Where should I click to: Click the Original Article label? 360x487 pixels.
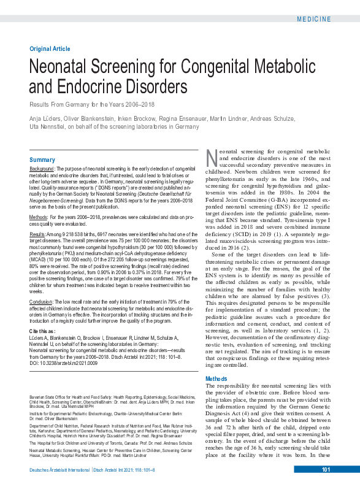[50, 48]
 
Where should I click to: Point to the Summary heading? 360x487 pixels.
[42, 160]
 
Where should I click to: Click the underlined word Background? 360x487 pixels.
[42, 168]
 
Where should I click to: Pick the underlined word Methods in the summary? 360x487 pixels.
[39, 217]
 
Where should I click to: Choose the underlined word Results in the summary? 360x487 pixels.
[37, 234]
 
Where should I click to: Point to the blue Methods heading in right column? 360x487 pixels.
[216, 379]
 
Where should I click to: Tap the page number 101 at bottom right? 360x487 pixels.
[326, 470]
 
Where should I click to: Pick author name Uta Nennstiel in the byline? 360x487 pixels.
[47, 126]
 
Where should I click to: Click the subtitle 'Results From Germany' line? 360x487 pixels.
[91, 104]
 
